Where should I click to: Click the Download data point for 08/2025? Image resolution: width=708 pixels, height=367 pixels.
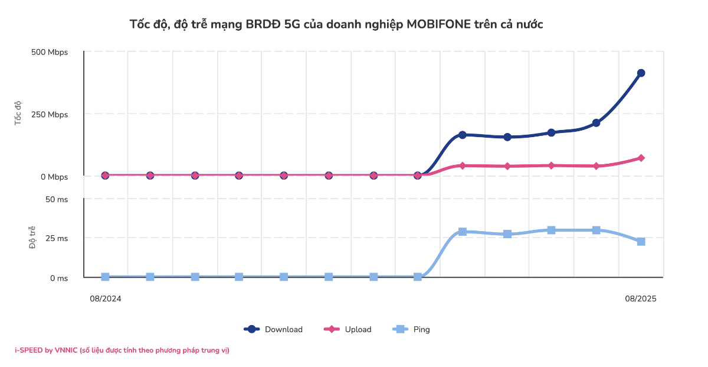641,73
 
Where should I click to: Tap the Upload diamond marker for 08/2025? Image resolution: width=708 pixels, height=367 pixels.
641,158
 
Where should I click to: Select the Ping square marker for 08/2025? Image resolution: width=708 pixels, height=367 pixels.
641,242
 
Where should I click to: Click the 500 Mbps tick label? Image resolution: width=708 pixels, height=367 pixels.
50,52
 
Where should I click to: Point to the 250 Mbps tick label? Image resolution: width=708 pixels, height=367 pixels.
50,114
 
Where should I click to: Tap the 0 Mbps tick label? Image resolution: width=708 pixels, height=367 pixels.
53,177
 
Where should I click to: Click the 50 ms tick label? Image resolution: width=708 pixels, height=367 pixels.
57,199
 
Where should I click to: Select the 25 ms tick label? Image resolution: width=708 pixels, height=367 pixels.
57,239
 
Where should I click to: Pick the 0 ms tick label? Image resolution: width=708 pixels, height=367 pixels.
58,278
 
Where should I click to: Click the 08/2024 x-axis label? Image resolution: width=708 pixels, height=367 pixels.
106,299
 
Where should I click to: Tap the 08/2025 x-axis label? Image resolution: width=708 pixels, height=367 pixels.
641,299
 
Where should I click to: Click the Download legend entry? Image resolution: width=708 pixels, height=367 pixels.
274,329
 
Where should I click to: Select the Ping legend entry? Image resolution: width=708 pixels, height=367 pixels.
412,329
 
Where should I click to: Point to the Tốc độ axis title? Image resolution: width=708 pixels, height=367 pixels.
18,112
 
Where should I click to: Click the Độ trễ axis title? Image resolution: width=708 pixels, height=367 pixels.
33,238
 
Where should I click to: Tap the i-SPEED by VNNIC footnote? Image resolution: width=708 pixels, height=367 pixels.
122,350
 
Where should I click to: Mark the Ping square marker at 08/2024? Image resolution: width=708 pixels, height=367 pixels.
105,277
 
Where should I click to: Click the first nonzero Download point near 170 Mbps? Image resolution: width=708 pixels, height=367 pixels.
463,135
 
